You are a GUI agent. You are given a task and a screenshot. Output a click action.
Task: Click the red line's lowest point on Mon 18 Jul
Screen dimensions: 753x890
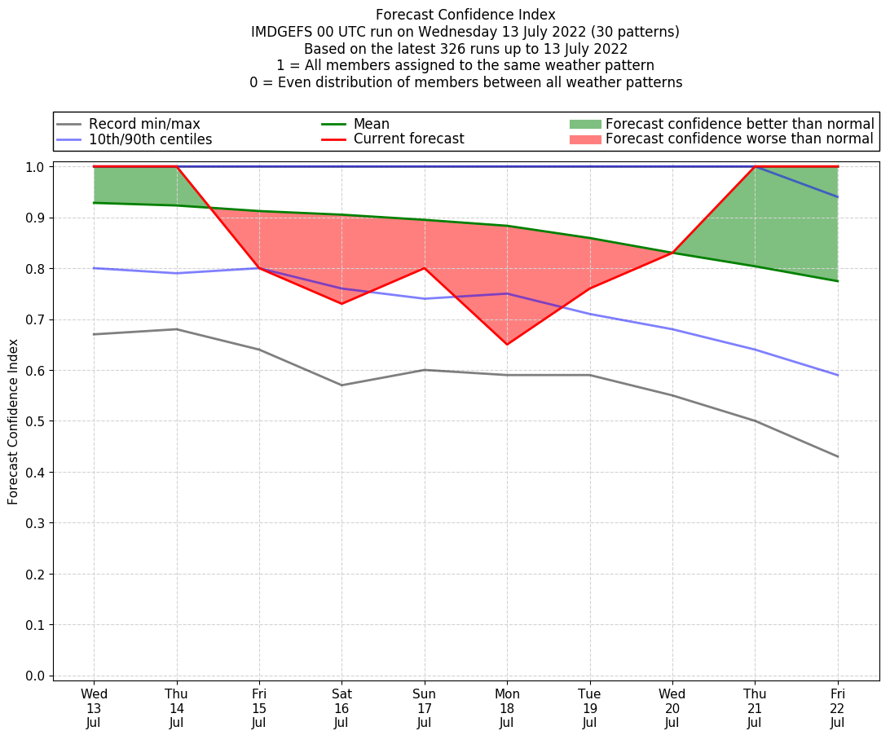[507, 344]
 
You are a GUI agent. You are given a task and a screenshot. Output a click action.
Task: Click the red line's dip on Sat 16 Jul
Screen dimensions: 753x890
[341, 304]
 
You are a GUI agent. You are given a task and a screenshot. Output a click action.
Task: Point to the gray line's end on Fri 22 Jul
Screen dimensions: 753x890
[837, 456]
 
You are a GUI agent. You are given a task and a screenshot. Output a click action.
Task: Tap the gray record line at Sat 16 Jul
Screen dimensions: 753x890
[341, 385]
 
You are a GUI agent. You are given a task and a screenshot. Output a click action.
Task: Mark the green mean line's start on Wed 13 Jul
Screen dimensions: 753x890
[95, 203]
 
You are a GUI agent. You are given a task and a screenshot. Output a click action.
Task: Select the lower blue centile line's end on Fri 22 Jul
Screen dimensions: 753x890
[837, 375]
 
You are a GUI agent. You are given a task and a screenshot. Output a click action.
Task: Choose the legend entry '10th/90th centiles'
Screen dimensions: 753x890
[150, 139]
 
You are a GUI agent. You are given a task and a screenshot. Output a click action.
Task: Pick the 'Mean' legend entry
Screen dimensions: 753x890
[371, 124]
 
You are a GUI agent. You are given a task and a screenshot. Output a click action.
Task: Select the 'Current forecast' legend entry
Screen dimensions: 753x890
[408, 139]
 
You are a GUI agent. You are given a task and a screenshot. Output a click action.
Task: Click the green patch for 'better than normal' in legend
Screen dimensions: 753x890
[584, 124]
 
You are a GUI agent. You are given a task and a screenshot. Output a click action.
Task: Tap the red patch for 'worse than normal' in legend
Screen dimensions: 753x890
[584, 139]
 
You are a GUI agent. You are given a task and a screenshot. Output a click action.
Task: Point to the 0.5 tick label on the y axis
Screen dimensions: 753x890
[36, 421]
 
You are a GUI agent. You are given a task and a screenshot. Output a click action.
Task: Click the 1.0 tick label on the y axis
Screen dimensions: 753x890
[36, 167]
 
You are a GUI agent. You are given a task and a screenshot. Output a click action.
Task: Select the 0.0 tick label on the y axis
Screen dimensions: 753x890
[36, 676]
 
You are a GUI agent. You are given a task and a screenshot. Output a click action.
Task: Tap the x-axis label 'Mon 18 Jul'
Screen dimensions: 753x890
[507, 707]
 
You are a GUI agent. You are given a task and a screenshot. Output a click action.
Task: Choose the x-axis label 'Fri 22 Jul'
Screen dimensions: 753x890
[837, 707]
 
